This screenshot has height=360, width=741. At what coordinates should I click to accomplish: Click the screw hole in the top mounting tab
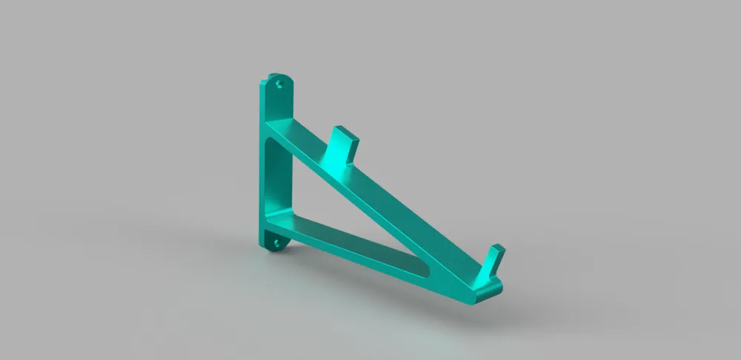[x=279, y=84]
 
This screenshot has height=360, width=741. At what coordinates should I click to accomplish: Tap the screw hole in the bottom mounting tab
[x=277, y=241]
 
